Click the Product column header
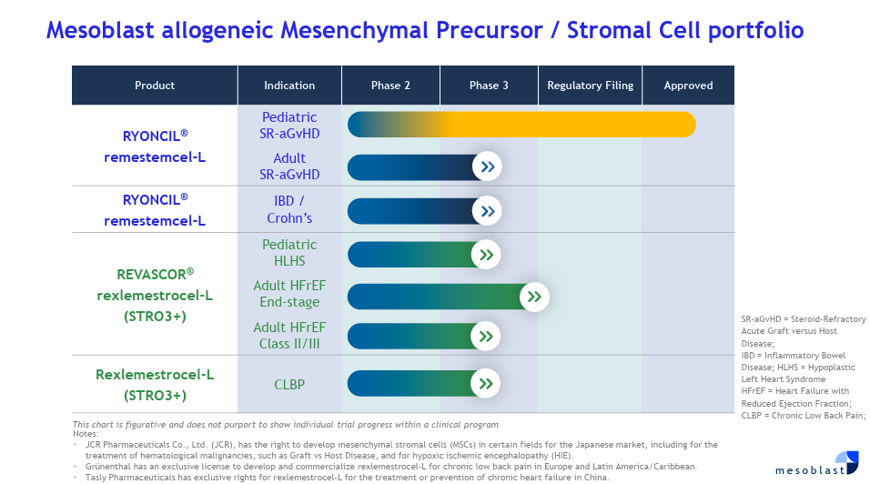155,86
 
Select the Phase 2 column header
390,86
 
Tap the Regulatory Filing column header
590,86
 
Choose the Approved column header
688,86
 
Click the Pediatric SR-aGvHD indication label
289,125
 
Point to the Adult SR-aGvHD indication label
289,166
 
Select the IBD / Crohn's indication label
289,210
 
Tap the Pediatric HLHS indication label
289,253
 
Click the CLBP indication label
289,385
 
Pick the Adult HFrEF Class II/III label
289,336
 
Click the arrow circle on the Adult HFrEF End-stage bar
534,297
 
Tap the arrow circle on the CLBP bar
486,384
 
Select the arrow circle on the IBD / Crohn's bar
487,211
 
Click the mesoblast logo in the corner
816,464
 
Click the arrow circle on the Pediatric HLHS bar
486,255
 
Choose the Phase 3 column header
489,86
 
